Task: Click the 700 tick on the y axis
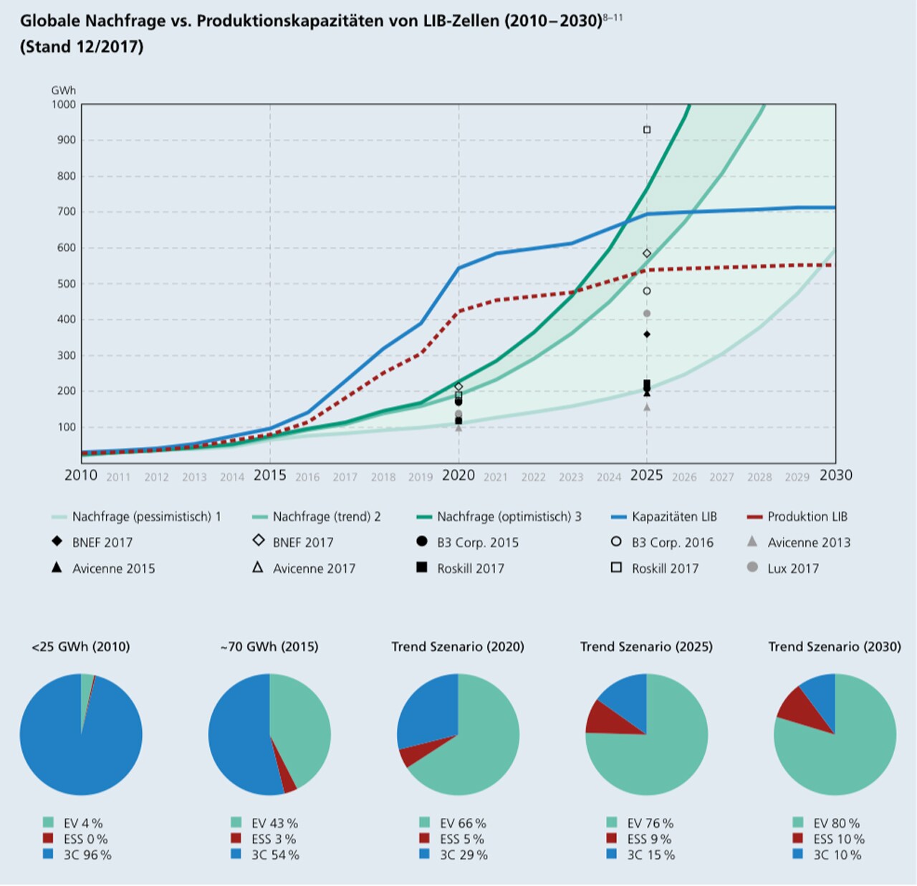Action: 66,212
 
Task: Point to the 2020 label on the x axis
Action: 458,476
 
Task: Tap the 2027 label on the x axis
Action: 721,477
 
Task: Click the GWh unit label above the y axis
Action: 63,90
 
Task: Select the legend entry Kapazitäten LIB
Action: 673,516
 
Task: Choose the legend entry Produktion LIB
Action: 807,516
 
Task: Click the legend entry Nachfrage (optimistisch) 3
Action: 509,516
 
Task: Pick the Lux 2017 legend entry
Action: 792,568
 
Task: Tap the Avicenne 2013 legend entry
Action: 808,542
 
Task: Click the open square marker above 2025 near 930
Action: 647,130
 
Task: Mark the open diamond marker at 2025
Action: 647,254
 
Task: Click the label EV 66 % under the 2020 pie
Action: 462,823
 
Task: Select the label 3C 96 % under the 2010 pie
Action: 87,854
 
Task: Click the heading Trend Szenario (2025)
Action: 646,647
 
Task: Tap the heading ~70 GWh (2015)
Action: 269,647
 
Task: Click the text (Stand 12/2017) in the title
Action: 82,47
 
